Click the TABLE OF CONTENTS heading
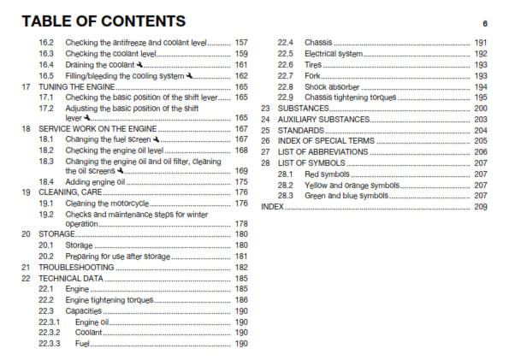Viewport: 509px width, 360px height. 104,21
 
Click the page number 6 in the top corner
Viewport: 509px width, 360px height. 484,22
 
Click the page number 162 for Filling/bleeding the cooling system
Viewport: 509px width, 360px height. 241,75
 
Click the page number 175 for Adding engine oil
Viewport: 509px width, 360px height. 241,182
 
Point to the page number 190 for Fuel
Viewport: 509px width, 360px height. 241,344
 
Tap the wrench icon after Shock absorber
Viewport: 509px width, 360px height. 364,86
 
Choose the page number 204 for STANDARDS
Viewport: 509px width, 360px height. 480,130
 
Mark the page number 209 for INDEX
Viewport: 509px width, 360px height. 480,207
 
